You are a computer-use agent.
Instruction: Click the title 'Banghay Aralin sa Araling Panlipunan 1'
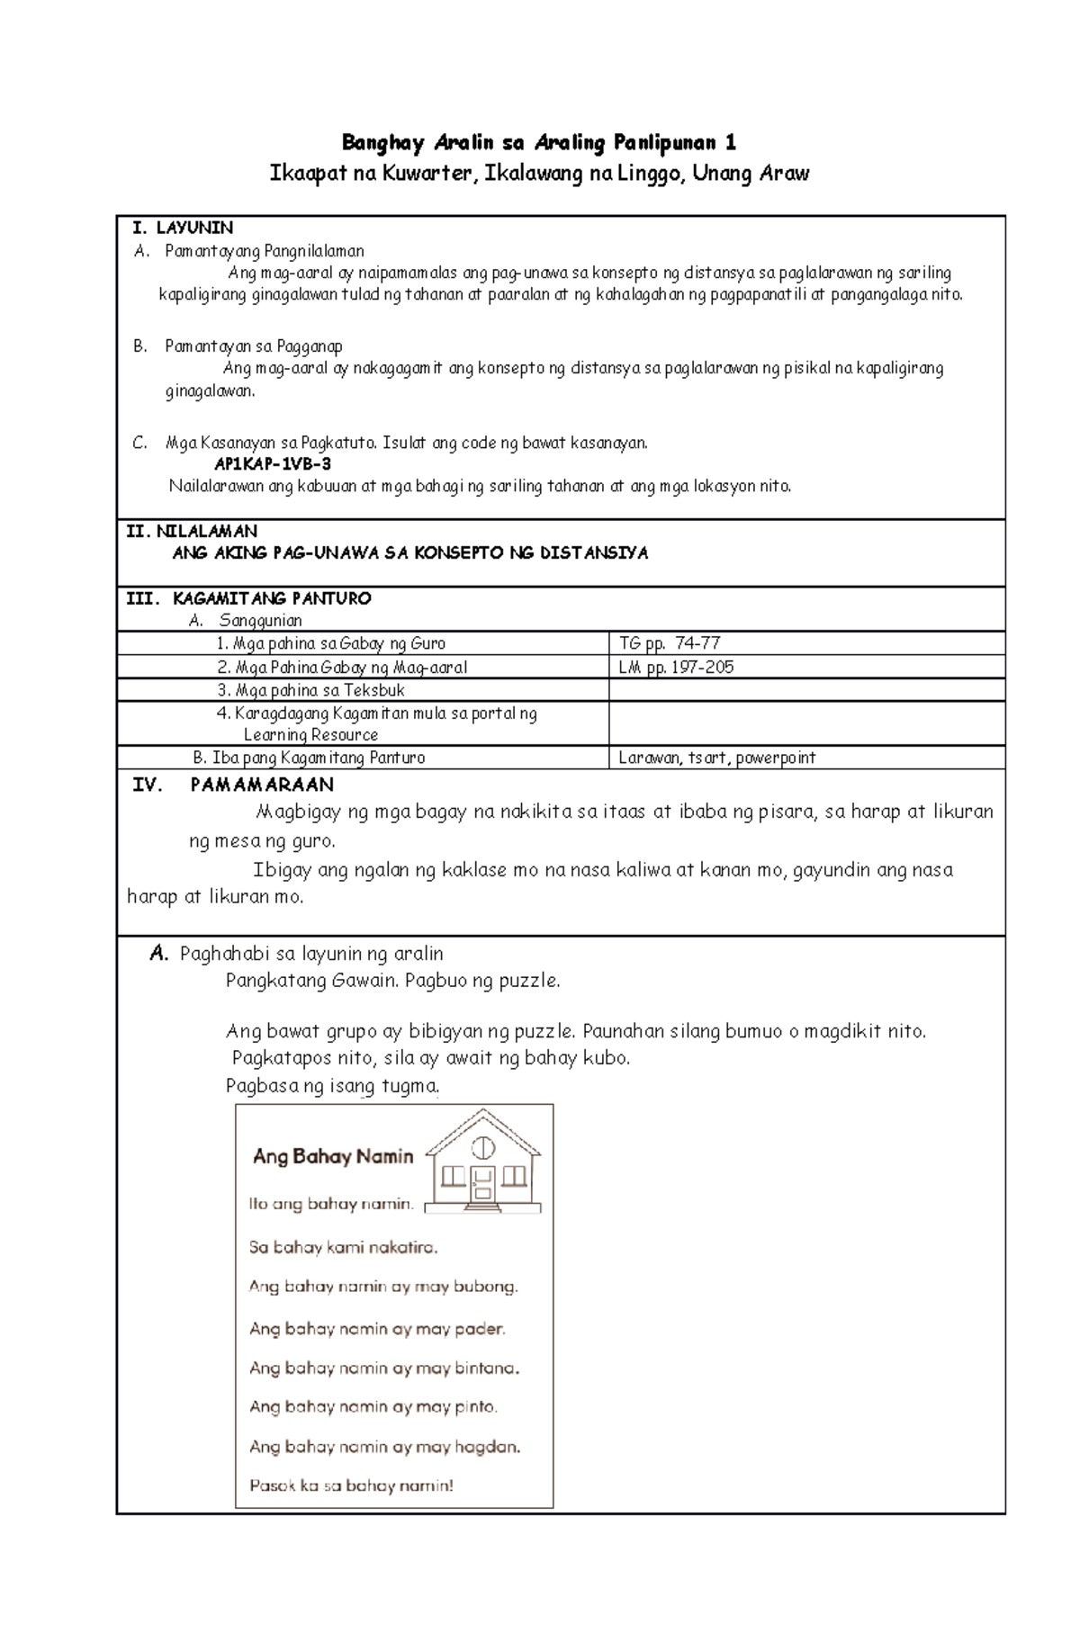tap(539, 142)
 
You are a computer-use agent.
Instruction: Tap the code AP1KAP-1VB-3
tap(273, 464)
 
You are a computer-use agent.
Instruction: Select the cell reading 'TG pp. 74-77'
tap(670, 643)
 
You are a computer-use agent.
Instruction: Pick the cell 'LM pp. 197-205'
tap(676, 667)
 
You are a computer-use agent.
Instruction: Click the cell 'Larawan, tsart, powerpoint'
tap(716, 758)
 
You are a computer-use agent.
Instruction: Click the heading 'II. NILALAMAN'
tap(192, 531)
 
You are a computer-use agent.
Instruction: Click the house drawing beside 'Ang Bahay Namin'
tap(483, 1161)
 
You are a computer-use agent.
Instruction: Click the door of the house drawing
tap(483, 1183)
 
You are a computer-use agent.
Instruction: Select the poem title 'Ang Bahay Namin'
tap(333, 1156)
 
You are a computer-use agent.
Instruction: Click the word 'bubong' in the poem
tap(485, 1287)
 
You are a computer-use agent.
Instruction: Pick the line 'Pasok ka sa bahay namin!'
tap(351, 1485)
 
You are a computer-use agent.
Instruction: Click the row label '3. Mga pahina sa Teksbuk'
tap(310, 690)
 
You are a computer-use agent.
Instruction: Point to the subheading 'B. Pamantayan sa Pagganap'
tap(238, 346)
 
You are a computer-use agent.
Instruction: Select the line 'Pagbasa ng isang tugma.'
tap(333, 1086)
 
